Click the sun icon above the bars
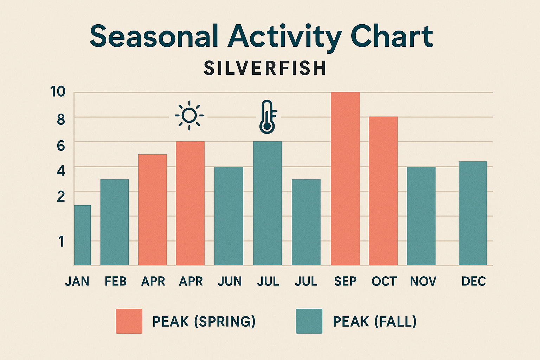(189, 115)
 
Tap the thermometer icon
(268, 117)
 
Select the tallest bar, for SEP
(345, 179)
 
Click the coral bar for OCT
(383, 191)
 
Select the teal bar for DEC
(472, 213)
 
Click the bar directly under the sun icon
(190, 203)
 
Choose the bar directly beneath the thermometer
(267, 203)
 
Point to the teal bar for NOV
(421, 216)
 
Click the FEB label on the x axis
(115, 281)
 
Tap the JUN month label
(230, 281)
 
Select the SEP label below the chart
(345, 281)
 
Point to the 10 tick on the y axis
(58, 92)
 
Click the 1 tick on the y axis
(62, 242)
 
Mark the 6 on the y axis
(61, 145)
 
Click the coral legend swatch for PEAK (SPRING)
(129, 321)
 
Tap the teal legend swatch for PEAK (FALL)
(309, 321)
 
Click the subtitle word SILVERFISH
(265, 68)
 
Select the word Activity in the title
(284, 37)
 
